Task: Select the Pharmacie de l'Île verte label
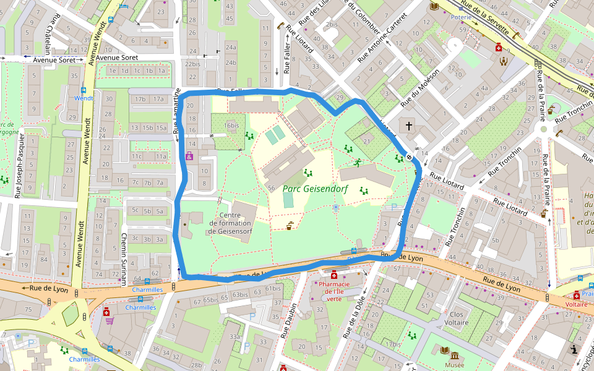pyautogui.click(x=334, y=291)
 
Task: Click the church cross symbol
pyautogui.click(x=408, y=126)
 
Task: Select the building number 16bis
pyautogui.click(x=231, y=126)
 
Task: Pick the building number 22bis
pyautogui.click(x=192, y=64)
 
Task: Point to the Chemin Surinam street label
pyautogui.click(x=124, y=258)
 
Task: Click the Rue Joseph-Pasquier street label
pyautogui.click(x=20, y=165)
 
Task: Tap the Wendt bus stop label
pyautogui.click(x=84, y=98)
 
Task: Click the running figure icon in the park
pyautogui.click(x=358, y=163)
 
